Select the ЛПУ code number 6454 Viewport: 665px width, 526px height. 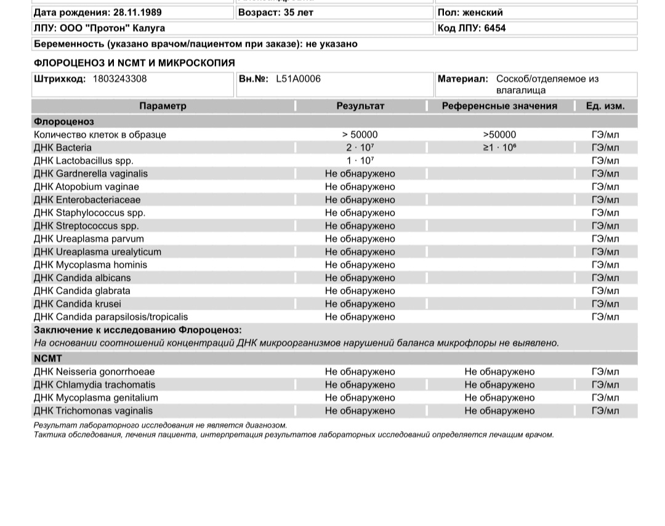click(x=495, y=28)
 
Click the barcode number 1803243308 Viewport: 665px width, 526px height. click(x=120, y=79)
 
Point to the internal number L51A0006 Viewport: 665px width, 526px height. click(x=298, y=79)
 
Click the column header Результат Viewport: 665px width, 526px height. click(x=360, y=106)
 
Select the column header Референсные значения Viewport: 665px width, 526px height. click(x=499, y=106)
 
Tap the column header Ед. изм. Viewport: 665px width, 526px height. click(x=605, y=106)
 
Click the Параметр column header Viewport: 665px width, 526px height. click(x=163, y=106)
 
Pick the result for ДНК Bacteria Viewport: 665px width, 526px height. click(x=360, y=148)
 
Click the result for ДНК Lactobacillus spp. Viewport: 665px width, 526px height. click(x=360, y=161)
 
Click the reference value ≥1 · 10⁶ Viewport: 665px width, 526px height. click(x=499, y=148)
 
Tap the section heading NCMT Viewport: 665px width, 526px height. click(x=48, y=358)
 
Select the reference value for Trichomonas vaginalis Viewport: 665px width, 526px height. click(x=499, y=411)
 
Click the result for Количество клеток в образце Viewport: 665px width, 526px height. click(x=360, y=135)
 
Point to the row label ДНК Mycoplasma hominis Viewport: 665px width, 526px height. click(x=91, y=265)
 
